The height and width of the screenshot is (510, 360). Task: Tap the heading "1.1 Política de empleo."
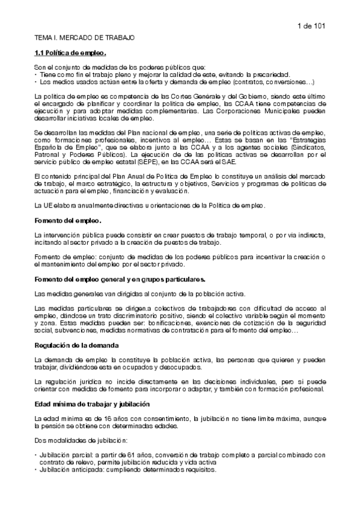click(x=71, y=53)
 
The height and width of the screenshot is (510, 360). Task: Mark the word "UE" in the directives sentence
click(x=50, y=206)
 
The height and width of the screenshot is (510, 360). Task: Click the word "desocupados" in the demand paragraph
click(x=184, y=367)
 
